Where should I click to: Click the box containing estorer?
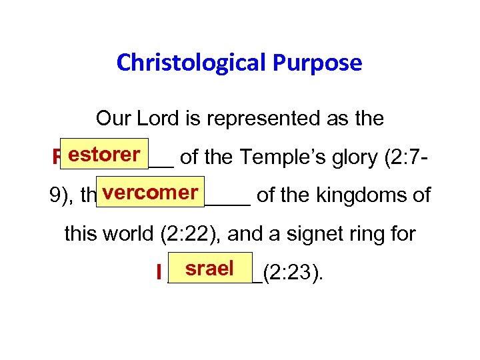(x=104, y=155)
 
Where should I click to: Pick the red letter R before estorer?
(x=55, y=159)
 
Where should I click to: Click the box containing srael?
(x=210, y=269)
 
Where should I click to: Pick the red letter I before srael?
(x=159, y=273)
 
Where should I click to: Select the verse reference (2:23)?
(x=293, y=273)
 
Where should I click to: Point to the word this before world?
(x=83, y=234)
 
